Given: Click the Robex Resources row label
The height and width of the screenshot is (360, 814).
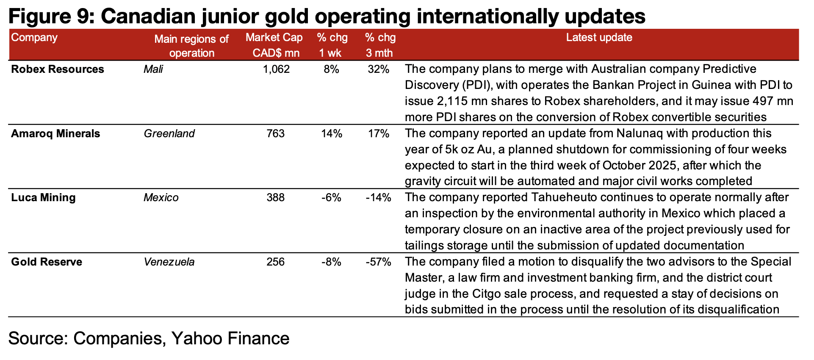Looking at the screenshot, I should click(x=57, y=69).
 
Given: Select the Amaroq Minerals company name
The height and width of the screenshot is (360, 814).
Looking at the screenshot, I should click(x=55, y=133).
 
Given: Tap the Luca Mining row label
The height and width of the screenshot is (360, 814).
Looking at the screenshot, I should click(x=43, y=197).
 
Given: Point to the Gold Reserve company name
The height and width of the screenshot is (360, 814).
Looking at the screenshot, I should click(x=47, y=262).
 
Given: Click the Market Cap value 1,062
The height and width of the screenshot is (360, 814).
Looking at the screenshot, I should click(x=276, y=69).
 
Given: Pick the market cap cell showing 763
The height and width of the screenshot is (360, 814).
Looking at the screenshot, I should click(x=276, y=133).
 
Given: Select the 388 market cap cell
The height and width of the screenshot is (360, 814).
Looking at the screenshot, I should click(x=276, y=197).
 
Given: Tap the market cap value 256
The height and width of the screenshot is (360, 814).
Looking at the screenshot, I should click(x=276, y=262).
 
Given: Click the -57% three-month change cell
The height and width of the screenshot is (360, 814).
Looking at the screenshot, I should click(x=378, y=262).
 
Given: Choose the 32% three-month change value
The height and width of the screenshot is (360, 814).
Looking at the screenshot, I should click(x=378, y=69).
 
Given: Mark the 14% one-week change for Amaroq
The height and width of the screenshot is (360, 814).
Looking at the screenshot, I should click(x=332, y=133).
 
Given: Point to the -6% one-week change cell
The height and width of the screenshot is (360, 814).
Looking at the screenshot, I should click(x=332, y=197).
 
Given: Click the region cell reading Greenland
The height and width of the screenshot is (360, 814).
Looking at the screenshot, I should click(x=169, y=133).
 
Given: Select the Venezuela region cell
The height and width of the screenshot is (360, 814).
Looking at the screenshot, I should click(x=169, y=262).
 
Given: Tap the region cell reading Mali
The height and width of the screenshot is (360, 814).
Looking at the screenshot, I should click(x=153, y=69).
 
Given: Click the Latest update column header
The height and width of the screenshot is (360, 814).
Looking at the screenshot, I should click(x=599, y=37).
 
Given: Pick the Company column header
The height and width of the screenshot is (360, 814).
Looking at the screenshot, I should click(x=34, y=37).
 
